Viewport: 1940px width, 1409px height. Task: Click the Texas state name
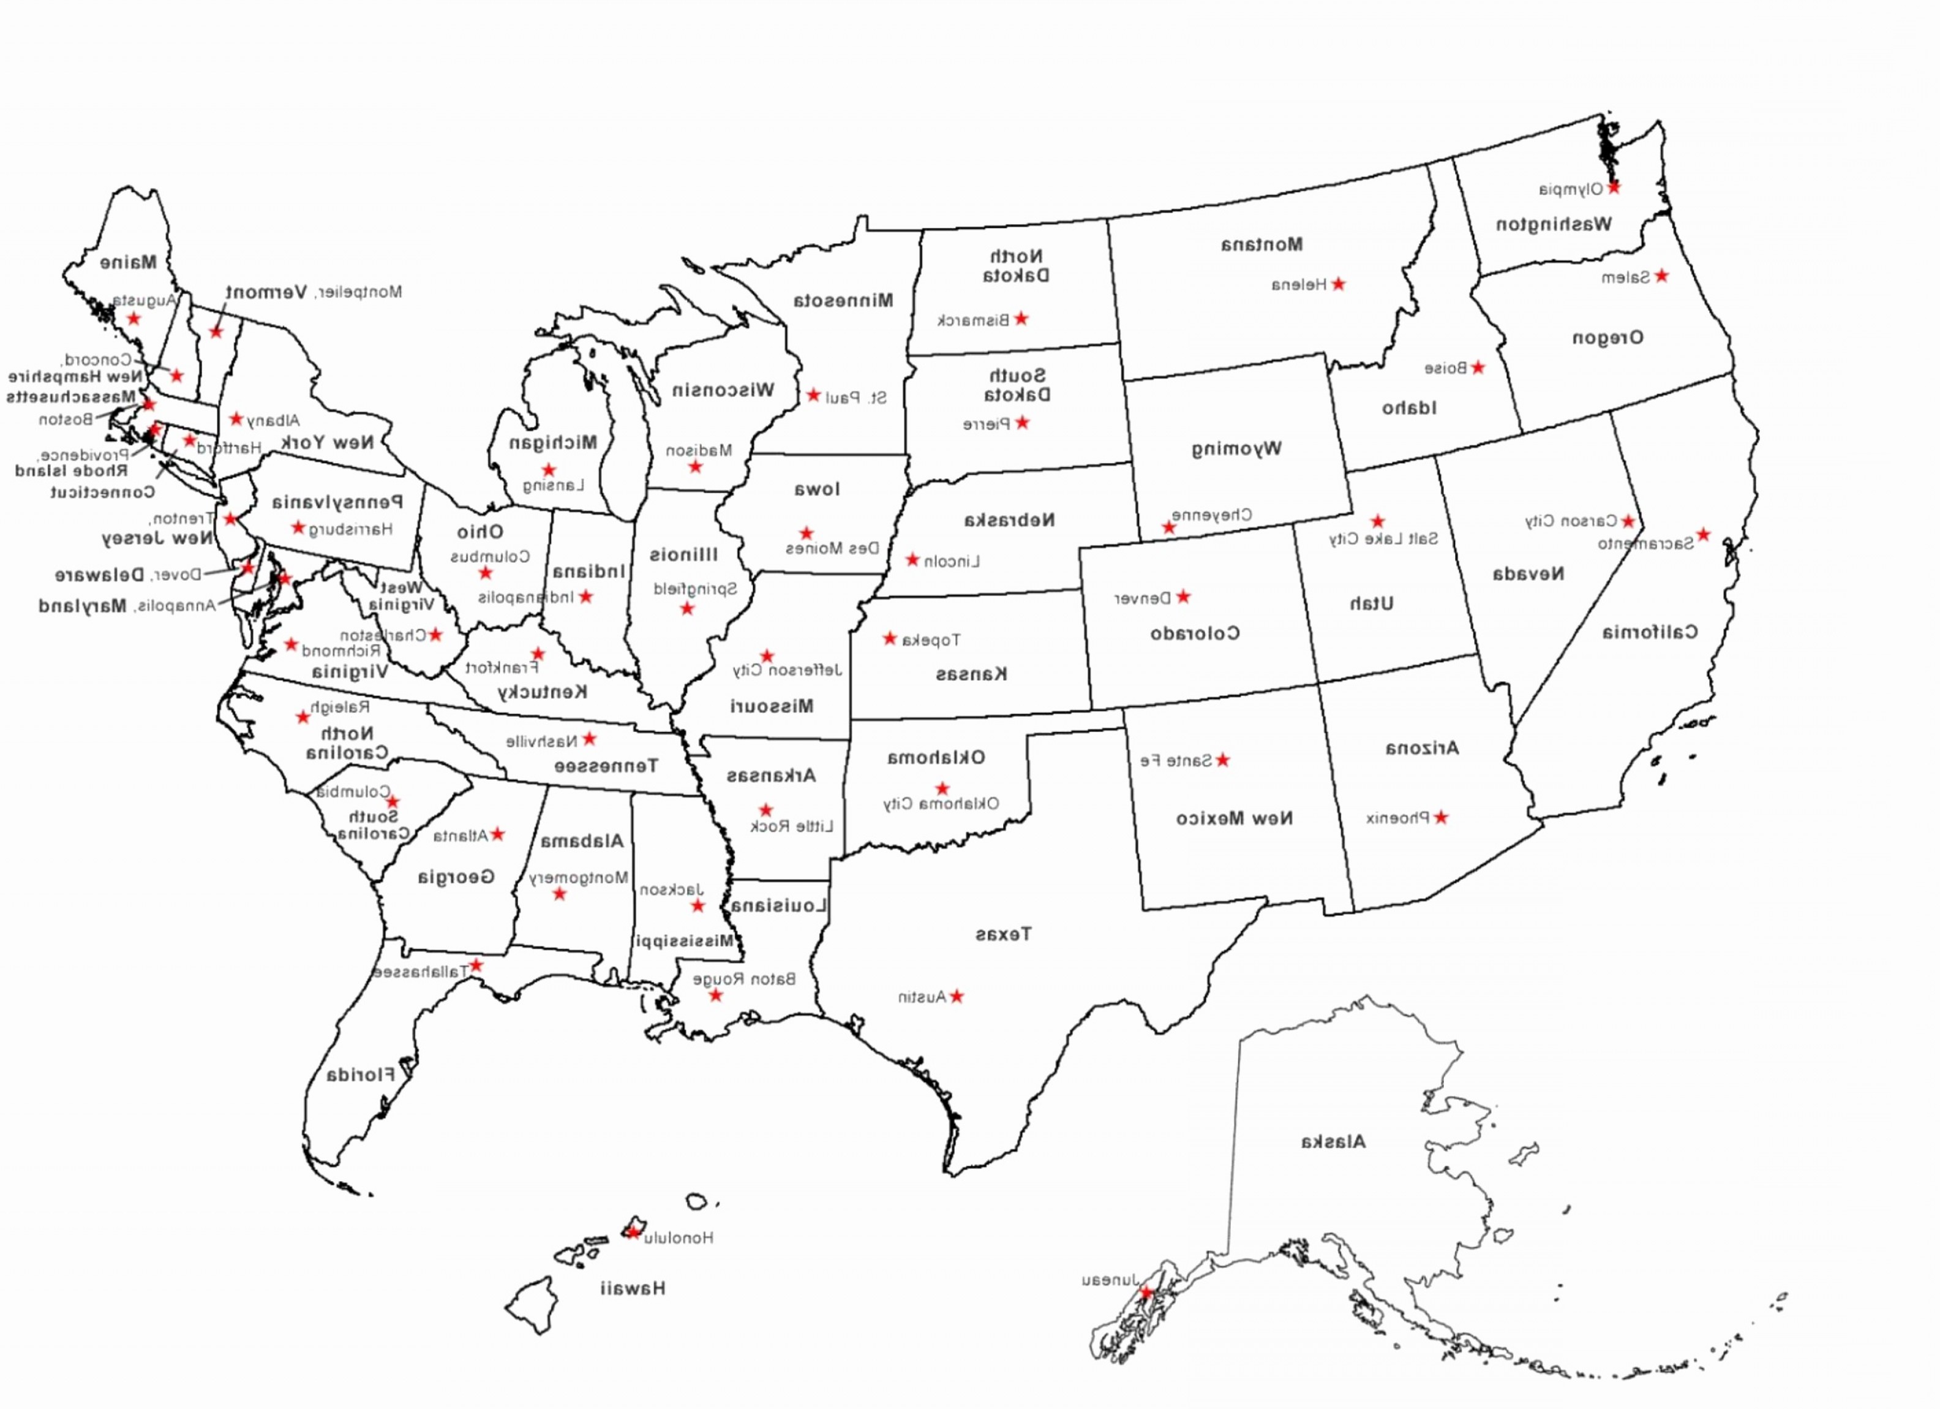[1003, 934]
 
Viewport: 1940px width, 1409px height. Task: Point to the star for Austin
[957, 996]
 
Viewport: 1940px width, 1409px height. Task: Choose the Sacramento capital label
[1645, 544]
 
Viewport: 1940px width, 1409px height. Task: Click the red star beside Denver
[1183, 596]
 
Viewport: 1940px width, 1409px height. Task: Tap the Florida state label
[360, 1075]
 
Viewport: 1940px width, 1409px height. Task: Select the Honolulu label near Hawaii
[679, 1237]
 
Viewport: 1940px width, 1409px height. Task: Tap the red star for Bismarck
[1020, 319]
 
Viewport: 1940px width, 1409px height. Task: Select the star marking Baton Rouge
[716, 995]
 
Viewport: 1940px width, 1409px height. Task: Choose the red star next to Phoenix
[1442, 817]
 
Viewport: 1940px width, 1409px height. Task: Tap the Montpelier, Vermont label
[313, 293]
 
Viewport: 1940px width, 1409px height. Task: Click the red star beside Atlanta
[497, 834]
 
